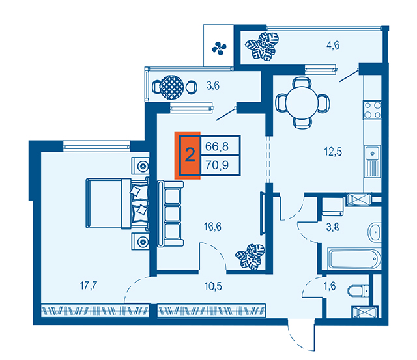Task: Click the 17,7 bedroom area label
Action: (89, 286)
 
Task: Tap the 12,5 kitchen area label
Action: (333, 152)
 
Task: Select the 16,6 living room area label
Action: (212, 227)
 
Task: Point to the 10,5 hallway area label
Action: (213, 286)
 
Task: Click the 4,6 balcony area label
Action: (333, 45)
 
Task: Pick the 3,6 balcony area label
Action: (213, 85)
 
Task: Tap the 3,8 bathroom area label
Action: (333, 227)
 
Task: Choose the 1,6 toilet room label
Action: (330, 286)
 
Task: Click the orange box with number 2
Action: (188, 156)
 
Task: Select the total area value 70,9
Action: (217, 165)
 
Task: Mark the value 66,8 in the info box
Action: (217, 146)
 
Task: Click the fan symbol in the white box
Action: (219, 48)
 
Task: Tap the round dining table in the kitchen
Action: (302, 102)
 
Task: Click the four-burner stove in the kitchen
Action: (372, 110)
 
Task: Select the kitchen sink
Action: (372, 153)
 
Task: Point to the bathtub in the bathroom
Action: (353, 258)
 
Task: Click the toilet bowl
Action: (358, 291)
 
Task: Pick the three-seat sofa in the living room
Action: (171, 214)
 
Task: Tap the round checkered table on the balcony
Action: (172, 87)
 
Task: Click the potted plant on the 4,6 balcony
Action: (262, 46)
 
